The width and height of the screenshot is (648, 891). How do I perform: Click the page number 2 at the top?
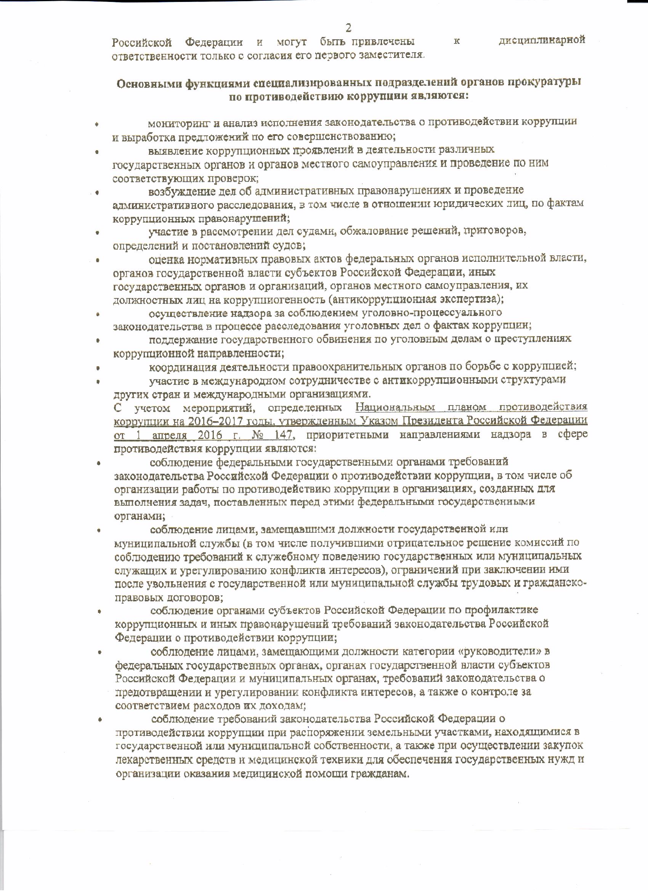tap(348, 28)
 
